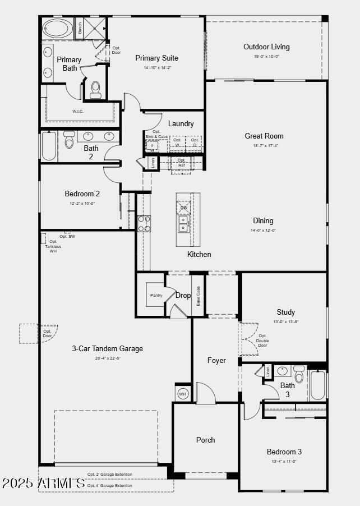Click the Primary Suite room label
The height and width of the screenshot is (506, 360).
click(156, 58)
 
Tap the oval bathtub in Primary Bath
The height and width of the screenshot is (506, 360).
click(58, 28)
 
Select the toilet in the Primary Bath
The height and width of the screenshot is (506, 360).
click(95, 90)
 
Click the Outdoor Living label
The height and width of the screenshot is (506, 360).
click(266, 47)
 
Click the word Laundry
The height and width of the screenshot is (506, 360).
click(181, 123)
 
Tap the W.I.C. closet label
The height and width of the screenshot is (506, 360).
click(78, 111)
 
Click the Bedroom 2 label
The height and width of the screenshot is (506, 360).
click(82, 194)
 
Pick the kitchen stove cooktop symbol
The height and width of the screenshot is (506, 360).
click(144, 223)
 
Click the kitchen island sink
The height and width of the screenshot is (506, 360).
click(183, 223)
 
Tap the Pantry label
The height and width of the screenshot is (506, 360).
click(156, 295)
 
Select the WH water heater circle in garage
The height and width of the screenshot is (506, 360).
click(182, 394)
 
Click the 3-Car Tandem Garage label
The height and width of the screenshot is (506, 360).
click(107, 348)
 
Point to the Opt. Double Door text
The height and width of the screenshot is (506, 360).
click(262, 341)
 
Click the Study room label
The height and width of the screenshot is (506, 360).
click(285, 312)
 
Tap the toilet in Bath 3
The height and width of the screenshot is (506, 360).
click(299, 375)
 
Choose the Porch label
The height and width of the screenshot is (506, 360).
click(205, 440)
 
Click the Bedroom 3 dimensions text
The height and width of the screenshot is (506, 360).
click(284, 461)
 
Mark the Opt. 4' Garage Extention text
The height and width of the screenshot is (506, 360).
click(110, 485)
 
